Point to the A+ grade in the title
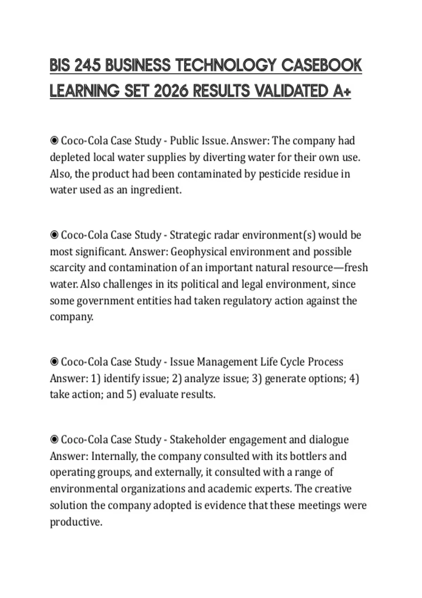point(341,91)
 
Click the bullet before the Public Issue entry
point(54,141)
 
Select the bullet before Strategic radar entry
point(54,235)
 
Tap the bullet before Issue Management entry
point(54,362)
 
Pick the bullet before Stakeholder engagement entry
point(54,440)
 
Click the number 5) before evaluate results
point(131,394)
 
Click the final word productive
point(76,522)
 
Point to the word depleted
point(70,157)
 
